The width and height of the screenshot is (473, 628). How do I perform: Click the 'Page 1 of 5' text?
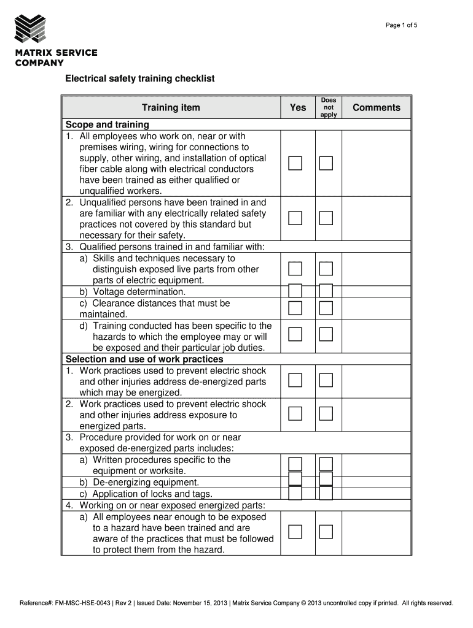(x=402, y=25)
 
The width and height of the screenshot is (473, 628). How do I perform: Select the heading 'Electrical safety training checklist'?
(x=140, y=80)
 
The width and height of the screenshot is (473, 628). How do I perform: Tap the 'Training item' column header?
(x=171, y=108)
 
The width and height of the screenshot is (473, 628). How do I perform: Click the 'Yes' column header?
(x=298, y=108)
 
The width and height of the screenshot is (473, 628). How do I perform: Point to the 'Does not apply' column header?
(x=329, y=107)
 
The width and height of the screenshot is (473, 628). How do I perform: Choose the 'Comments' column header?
(x=377, y=108)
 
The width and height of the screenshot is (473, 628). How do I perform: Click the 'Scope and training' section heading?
(x=107, y=124)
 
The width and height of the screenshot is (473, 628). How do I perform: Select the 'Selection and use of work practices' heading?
(x=144, y=359)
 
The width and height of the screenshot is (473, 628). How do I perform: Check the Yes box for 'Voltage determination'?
(x=295, y=291)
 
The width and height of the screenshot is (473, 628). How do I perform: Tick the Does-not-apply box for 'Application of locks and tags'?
(x=326, y=493)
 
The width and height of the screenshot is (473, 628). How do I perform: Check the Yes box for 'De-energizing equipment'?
(x=295, y=479)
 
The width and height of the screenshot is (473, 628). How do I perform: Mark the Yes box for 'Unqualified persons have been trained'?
(x=295, y=218)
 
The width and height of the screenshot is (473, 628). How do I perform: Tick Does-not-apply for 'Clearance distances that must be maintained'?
(x=326, y=307)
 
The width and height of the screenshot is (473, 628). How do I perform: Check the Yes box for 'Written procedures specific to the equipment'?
(x=295, y=464)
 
